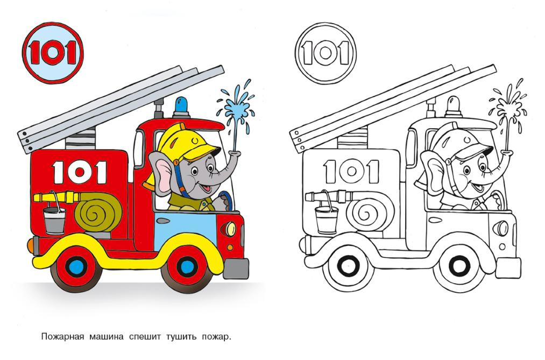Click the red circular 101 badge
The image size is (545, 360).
53,53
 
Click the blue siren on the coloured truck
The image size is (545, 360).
181,108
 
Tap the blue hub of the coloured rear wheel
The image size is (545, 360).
77,266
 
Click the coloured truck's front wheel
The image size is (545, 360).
187,267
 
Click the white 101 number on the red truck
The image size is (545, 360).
80,172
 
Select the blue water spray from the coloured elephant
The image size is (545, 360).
236,111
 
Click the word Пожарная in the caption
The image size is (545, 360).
62,337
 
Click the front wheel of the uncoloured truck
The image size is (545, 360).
459,267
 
